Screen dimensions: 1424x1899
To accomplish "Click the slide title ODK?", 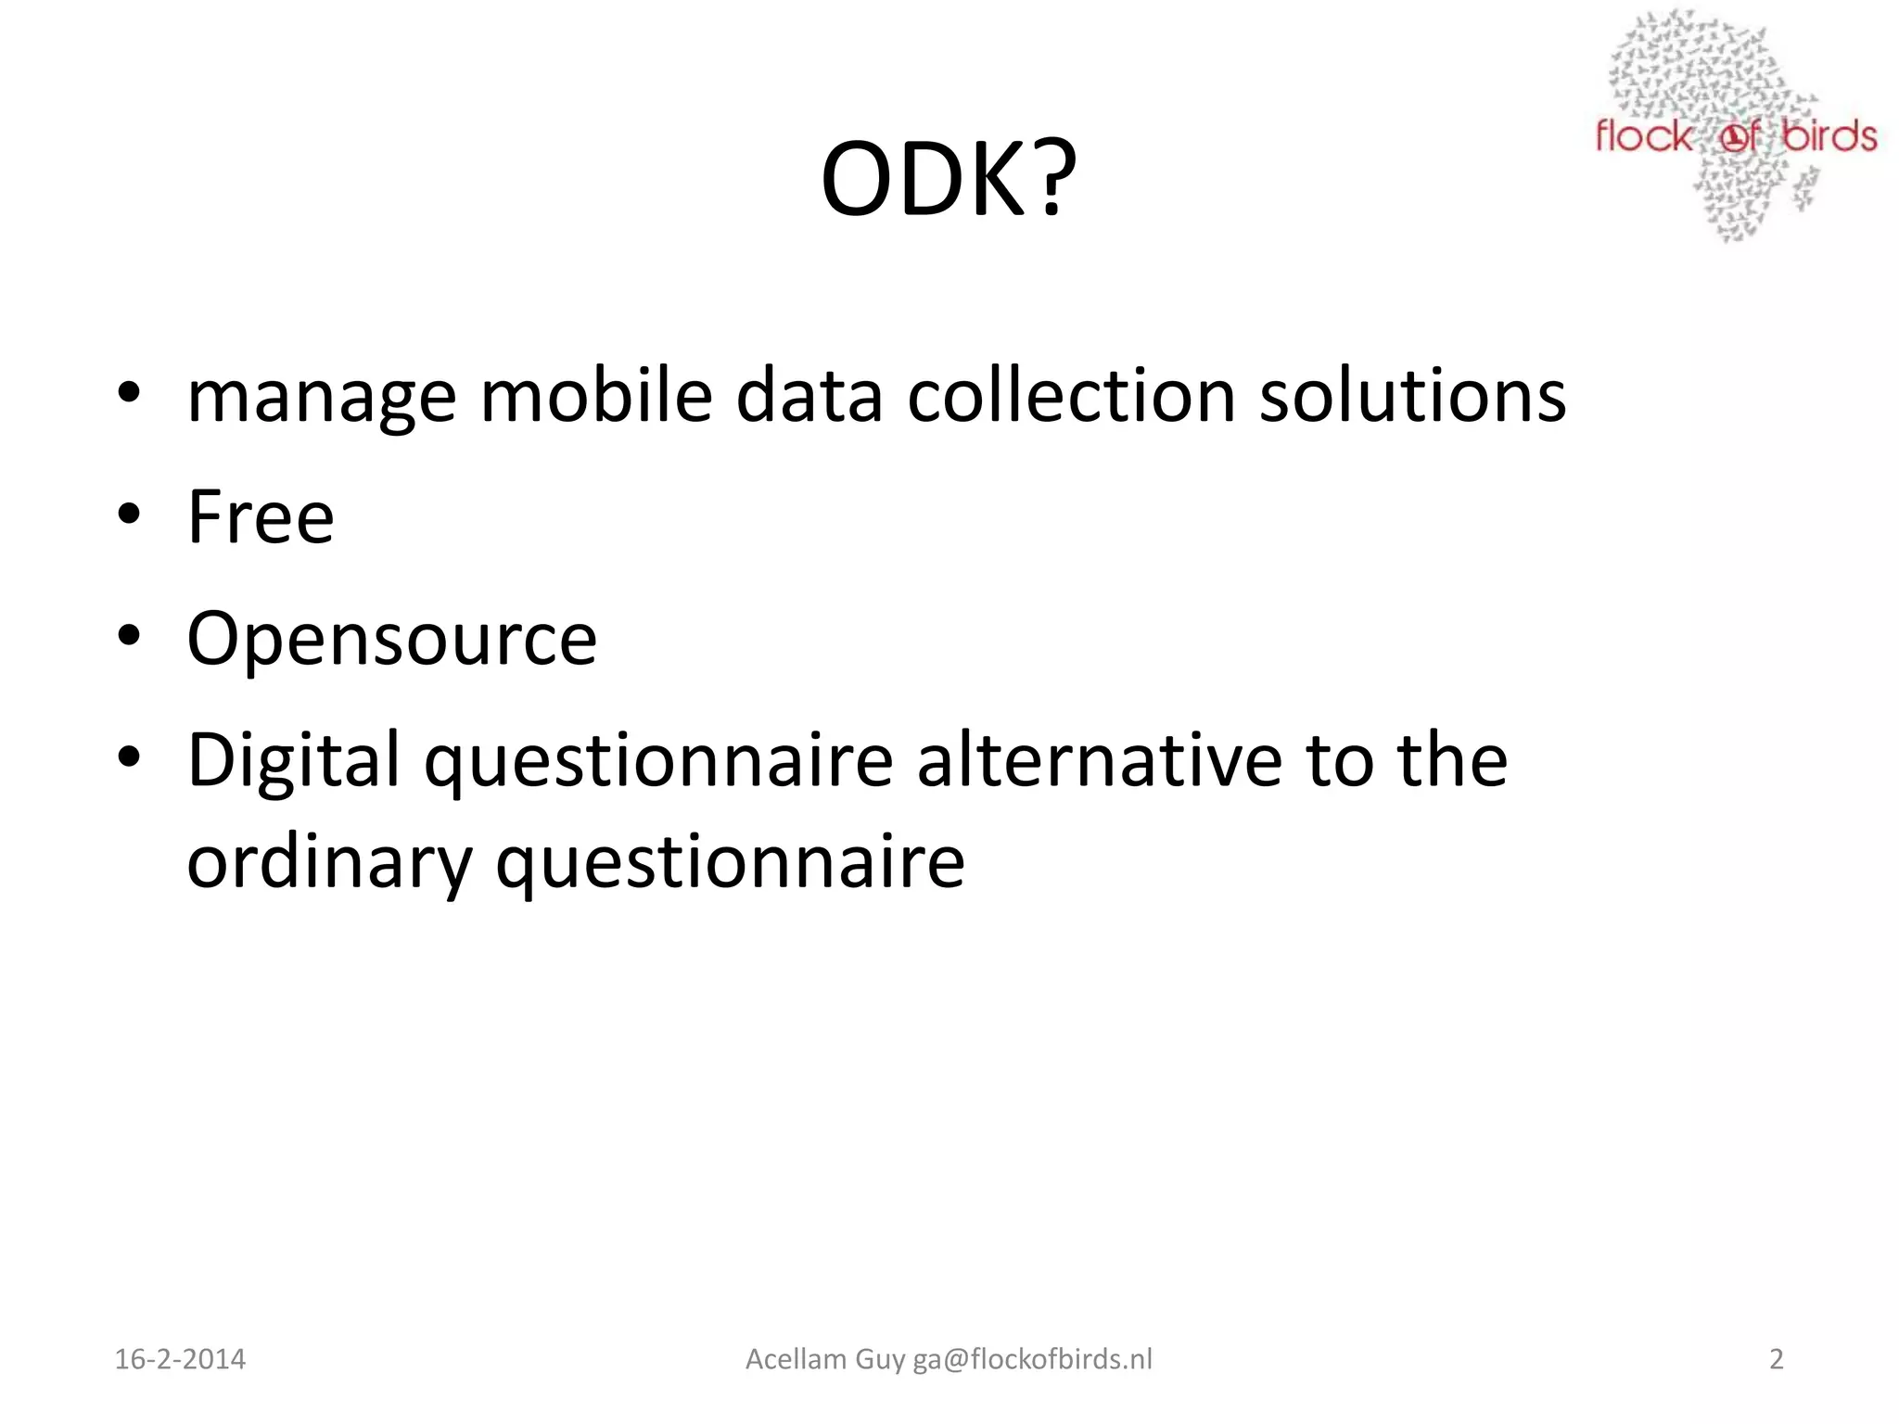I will click(x=948, y=178).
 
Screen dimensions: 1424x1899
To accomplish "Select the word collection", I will click(x=1071, y=396).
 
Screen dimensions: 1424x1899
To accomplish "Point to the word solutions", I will click(x=1412, y=396).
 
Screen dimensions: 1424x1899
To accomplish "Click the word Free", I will click(x=261, y=516).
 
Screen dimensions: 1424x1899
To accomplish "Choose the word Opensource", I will click(x=392, y=640).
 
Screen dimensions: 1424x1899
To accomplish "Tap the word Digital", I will click(x=294, y=760).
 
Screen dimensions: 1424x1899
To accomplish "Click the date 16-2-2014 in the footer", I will click(x=180, y=1359).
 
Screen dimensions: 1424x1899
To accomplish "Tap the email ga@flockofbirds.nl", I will click(x=1033, y=1359).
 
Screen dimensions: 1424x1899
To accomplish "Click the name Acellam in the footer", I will click(x=796, y=1359).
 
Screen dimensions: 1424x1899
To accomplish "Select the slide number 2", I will click(x=1776, y=1359).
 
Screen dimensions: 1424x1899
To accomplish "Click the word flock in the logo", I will click(x=1643, y=137).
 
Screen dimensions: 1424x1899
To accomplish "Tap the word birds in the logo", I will click(x=1829, y=137).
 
